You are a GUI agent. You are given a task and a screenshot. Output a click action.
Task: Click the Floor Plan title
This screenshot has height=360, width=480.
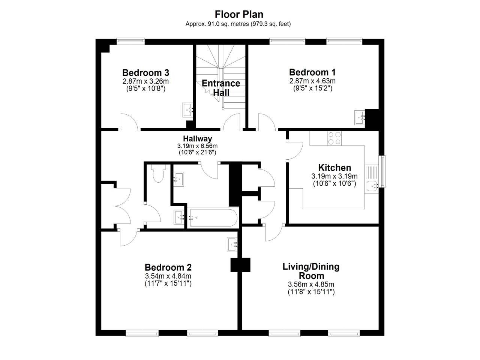click(239, 14)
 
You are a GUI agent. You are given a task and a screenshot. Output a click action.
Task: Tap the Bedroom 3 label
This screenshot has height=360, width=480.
click(145, 73)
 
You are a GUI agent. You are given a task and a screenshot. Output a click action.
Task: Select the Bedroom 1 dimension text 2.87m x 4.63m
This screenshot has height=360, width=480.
click(312, 81)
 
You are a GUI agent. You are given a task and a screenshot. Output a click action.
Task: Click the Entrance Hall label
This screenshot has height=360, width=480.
click(221, 88)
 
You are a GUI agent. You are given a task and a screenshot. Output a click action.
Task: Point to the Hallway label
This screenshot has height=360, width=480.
click(198, 139)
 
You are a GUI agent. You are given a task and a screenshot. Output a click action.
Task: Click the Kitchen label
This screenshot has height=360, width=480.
click(334, 168)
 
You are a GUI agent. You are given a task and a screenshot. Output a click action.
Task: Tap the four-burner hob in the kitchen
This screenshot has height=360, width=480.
click(334, 138)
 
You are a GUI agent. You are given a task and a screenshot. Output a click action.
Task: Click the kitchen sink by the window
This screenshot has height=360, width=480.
click(372, 186)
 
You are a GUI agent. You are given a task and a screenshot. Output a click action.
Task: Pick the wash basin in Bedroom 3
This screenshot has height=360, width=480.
click(187, 110)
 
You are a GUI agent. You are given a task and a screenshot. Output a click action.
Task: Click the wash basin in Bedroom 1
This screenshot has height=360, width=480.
click(360, 118)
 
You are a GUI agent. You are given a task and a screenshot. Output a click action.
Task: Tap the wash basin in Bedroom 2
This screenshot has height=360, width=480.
click(232, 244)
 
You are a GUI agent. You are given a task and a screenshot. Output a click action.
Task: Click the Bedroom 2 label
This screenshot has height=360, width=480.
click(168, 267)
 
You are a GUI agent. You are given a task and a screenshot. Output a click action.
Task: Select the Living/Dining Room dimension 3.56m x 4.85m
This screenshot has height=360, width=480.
click(311, 284)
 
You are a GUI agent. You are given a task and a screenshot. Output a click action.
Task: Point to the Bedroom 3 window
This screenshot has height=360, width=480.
click(130, 40)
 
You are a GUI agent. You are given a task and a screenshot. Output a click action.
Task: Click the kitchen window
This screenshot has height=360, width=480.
click(382, 172)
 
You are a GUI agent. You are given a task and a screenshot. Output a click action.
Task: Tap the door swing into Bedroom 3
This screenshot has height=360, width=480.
click(129, 122)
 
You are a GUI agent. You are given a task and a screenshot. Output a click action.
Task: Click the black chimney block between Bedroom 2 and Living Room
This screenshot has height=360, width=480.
click(240, 265)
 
